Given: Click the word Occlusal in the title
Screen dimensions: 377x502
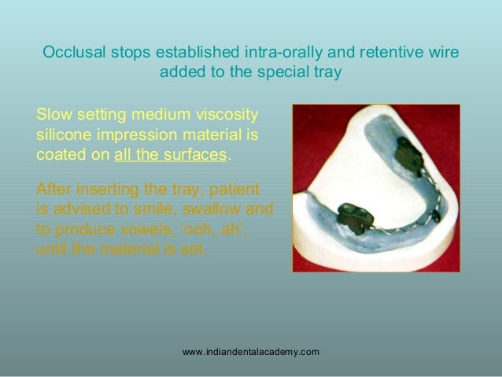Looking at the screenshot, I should [71, 54].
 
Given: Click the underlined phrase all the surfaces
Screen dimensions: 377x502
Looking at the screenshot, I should [170, 155].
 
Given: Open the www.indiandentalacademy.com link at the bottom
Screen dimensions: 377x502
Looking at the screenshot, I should [250, 351].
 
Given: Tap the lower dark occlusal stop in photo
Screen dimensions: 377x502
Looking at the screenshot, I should [355, 219].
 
